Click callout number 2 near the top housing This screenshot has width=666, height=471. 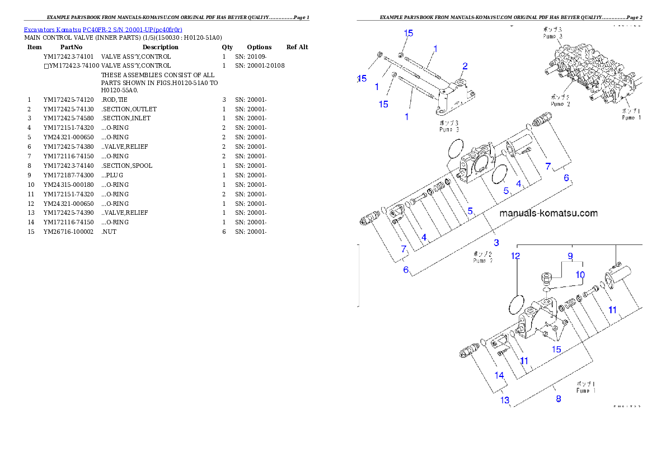(465, 67)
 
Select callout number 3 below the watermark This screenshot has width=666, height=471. (496, 243)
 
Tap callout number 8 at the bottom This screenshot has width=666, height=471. (558, 399)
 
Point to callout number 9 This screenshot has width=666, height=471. (570, 256)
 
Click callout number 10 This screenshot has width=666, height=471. (580, 275)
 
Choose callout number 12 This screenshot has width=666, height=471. (515, 256)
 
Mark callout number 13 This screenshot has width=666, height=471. (505, 400)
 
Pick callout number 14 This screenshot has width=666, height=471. (499, 375)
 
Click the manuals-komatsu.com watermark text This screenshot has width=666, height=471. (548, 213)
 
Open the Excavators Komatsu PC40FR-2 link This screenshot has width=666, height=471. (103, 29)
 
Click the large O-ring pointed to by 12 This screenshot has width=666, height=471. (515, 305)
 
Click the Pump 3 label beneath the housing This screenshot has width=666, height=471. (449, 126)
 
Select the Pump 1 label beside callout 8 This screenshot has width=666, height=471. (586, 388)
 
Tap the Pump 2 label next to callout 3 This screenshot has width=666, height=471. (482, 257)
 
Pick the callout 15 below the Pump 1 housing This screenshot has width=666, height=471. (556, 349)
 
